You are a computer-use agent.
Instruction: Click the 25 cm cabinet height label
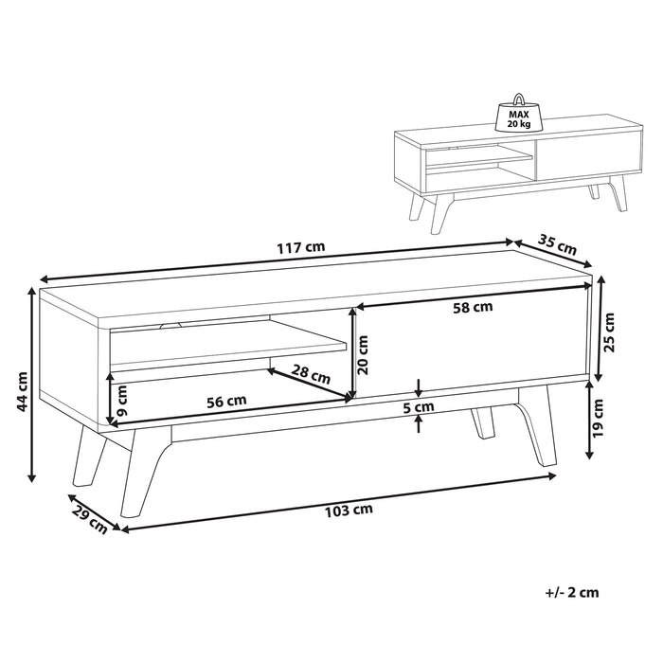coord(611,331)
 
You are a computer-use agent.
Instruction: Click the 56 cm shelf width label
coord(226,400)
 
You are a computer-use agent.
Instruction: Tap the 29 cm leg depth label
coord(91,518)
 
